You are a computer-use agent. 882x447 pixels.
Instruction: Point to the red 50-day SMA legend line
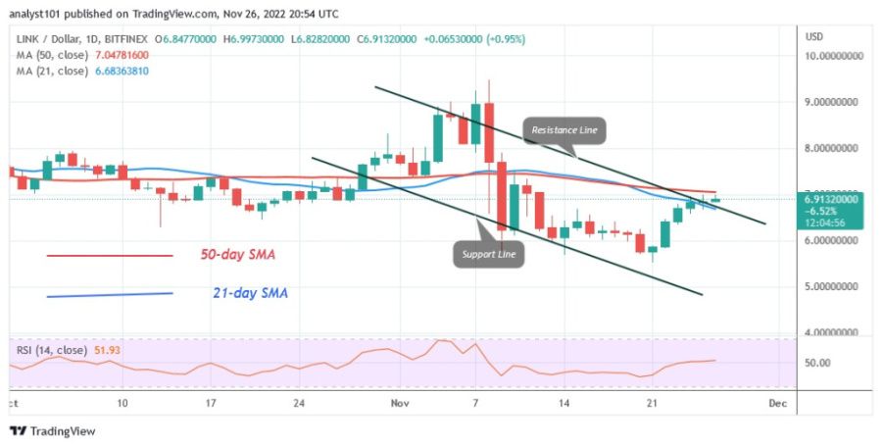point(110,257)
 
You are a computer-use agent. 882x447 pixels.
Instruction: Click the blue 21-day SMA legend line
point(110,293)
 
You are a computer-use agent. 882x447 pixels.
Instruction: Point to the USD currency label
point(813,36)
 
